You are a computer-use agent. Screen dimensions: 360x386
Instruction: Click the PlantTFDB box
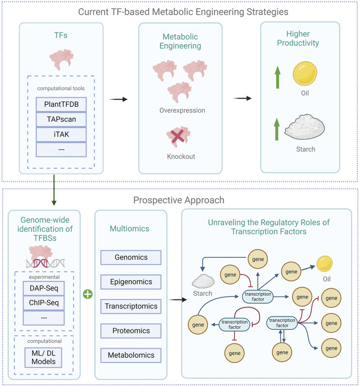point(61,105)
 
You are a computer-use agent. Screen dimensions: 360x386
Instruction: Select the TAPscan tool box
point(61,120)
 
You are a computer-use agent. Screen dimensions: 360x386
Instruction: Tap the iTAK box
point(61,135)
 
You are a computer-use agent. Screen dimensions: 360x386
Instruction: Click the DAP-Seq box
point(44,288)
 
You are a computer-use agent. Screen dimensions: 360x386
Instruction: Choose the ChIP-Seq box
point(44,303)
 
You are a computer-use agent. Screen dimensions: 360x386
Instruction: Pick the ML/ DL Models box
point(44,358)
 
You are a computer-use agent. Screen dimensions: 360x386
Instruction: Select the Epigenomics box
point(131,282)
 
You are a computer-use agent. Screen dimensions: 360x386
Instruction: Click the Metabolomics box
point(131,355)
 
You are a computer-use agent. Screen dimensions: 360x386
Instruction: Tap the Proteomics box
point(131,331)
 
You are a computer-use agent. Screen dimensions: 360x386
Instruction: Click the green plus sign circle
point(88,294)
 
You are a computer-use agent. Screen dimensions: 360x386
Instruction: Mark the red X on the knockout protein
point(178,136)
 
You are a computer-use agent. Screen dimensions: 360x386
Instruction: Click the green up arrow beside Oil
point(278,77)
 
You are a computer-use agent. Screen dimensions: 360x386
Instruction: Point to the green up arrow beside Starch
point(277,129)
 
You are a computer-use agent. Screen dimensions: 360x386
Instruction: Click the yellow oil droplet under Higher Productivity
point(305,74)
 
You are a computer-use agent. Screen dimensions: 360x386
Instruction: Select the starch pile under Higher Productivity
point(305,127)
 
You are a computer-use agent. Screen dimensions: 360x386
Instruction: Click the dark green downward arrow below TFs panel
point(54,190)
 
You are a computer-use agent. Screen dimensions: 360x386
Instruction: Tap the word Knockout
point(181,156)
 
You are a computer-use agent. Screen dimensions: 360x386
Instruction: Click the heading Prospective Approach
point(179,200)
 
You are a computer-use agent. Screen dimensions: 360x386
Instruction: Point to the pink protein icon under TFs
point(61,59)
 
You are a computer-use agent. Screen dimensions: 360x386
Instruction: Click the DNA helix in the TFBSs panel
point(45,263)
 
